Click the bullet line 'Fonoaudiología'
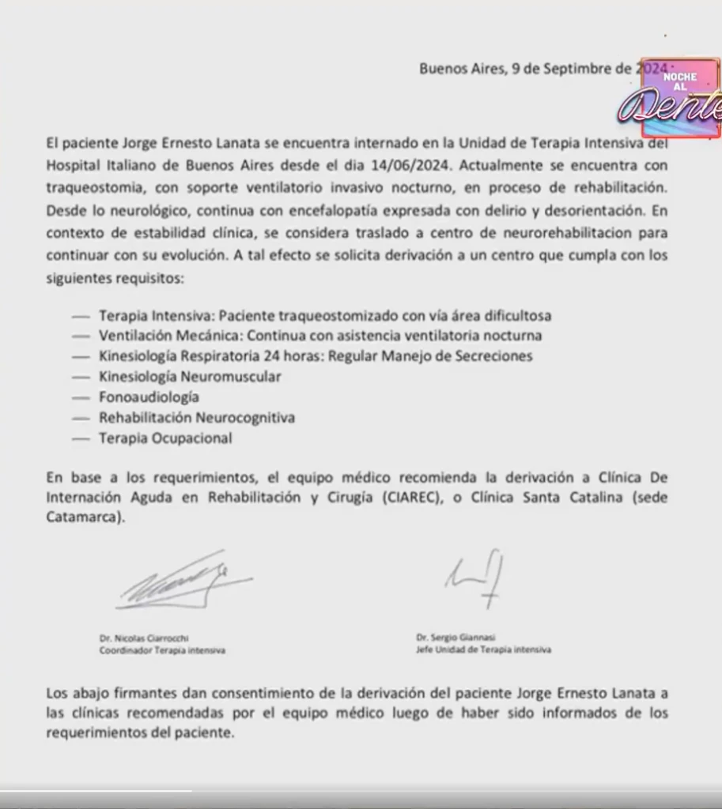coord(149,397)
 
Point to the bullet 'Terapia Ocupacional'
coord(165,438)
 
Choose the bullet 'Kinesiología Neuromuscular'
coord(190,376)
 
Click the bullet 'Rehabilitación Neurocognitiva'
coord(196,417)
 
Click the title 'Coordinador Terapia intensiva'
coord(162,650)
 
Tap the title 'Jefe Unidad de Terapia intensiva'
coord(483,649)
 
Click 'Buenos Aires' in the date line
coord(461,68)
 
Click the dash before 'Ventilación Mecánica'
coord(81,335)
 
